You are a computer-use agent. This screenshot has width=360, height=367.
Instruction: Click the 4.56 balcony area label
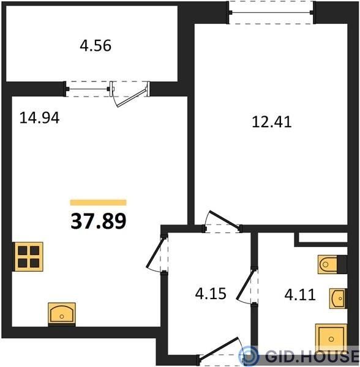pos(96,46)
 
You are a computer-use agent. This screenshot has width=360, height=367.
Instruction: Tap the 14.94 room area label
pos(39,117)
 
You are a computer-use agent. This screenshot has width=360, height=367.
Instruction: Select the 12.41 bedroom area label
pos(272,122)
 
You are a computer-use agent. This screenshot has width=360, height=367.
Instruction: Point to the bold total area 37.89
pos(99,221)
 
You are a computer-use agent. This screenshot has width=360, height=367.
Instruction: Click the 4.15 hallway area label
pos(211,294)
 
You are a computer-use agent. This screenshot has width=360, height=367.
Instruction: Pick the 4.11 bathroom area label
pos(300,295)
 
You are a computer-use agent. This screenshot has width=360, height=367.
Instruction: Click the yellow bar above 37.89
pos(99,202)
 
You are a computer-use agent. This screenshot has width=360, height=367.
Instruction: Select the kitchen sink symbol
pos(62,314)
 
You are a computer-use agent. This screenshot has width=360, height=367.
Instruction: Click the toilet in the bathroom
pos(332,264)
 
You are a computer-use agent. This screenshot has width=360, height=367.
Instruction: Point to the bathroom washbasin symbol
pos(338,298)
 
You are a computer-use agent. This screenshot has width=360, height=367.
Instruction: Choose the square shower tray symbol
pos(331,338)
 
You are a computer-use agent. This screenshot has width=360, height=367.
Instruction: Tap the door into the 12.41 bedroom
pos(222,221)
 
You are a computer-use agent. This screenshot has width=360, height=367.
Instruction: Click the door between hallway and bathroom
pos(246,286)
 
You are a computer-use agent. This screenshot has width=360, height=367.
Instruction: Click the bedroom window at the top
pos(271,12)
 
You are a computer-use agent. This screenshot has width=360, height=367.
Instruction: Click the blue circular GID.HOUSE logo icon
pos(249,356)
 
